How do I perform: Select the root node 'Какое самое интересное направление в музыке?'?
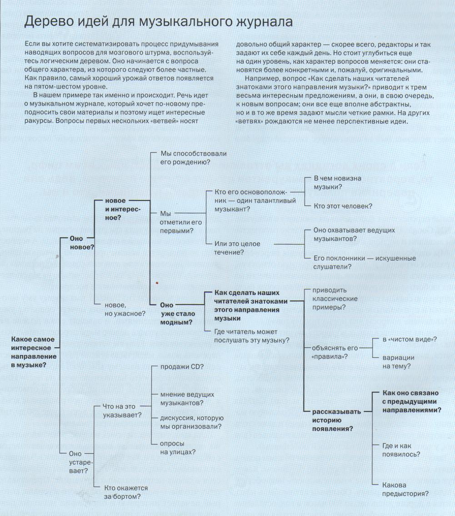[x=34, y=352]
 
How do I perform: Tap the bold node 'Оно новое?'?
[x=82, y=242]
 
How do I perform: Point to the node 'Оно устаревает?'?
[x=78, y=462]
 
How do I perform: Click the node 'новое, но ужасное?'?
[x=125, y=309]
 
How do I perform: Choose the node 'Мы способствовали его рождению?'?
[x=193, y=158]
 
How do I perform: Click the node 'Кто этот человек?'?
[x=343, y=206]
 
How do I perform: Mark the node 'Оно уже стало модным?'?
[x=177, y=314]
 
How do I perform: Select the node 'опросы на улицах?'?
[x=178, y=447]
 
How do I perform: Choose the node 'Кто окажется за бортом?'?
[x=126, y=492]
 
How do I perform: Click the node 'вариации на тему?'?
[x=398, y=361]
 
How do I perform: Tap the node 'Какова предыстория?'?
[x=406, y=489]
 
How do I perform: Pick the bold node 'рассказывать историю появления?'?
[x=336, y=420]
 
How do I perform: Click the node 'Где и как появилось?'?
[x=401, y=450]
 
